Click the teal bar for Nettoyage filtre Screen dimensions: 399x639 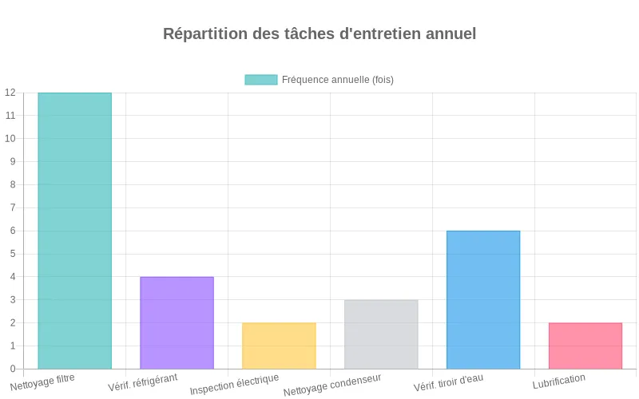point(74,231)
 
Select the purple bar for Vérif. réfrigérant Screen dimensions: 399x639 point(177,322)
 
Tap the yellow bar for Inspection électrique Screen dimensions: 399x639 point(279,346)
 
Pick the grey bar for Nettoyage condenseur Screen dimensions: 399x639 point(381,334)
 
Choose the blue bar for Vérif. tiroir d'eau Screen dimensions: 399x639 point(483,299)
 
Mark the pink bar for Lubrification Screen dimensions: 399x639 point(585,346)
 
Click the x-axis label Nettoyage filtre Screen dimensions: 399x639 point(43,381)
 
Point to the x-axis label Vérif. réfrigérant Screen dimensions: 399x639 point(143,382)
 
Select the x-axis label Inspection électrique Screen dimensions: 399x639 point(234,385)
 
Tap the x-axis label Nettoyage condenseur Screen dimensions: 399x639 point(332,385)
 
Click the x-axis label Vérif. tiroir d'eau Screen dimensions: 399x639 point(448,382)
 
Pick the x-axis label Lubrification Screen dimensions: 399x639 point(559,381)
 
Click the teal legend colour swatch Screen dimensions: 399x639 point(261,80)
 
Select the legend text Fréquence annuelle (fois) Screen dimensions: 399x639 point(338,80)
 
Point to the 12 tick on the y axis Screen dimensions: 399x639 point(10,93)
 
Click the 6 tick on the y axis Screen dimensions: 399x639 point(13,231)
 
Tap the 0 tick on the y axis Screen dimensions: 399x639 point(13,369)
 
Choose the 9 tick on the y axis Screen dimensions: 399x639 point(13,161)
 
